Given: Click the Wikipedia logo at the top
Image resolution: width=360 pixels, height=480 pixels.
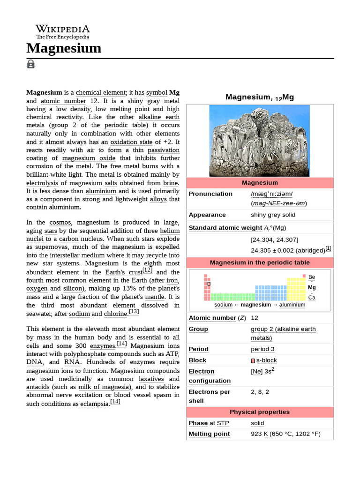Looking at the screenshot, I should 62,32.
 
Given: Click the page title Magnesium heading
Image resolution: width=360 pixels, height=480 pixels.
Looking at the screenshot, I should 64,48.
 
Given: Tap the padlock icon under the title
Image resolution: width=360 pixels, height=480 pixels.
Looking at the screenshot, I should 31,64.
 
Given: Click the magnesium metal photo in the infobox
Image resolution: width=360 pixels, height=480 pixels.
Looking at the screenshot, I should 259,141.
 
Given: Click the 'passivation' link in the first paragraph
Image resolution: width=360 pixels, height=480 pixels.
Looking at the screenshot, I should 164,150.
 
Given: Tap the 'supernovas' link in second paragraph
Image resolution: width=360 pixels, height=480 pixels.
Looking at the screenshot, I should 52,247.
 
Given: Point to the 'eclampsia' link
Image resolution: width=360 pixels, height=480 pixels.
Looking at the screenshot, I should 94,404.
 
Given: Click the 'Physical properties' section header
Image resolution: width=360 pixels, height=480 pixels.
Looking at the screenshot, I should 259,412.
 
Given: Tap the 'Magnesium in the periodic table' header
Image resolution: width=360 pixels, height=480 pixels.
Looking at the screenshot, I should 259,263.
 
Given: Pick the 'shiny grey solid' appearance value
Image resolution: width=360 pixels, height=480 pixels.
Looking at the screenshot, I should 273,215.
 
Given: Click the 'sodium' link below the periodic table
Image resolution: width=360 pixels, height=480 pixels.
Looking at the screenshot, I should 223,305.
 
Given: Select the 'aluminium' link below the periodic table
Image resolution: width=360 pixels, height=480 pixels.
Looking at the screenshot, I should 292,305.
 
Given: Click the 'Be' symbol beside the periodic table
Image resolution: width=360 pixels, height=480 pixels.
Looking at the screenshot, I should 312,277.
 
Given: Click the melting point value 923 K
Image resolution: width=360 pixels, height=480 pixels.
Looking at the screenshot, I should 259,434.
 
